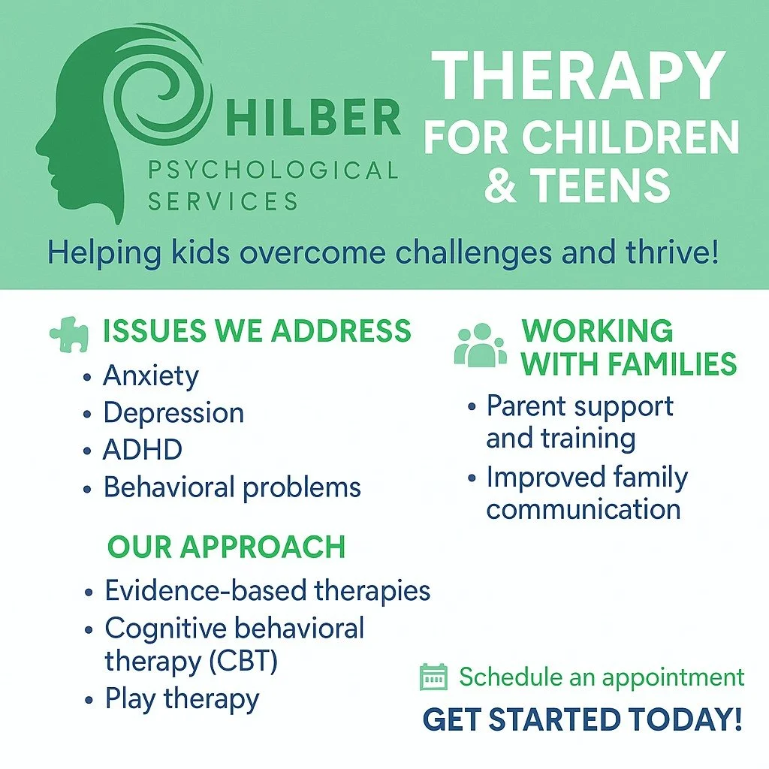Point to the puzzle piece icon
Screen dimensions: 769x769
[x=69, y=333]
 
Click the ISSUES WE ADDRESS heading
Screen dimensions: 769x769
[x=257, y=331]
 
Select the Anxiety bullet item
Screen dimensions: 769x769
[x=151, y=375]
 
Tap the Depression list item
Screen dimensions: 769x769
[x=173, y=413]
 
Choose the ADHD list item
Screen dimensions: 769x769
[x=143, y=451]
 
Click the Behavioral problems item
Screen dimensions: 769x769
[x=232, y=487]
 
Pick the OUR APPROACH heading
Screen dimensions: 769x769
[x=226, y=547]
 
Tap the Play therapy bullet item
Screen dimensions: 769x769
[x=182, y=698]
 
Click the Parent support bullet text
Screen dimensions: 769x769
[x=579, y=406]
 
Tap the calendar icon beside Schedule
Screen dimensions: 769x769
[x=433, y=677]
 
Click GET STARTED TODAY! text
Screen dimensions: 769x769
[x=583, y=719]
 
